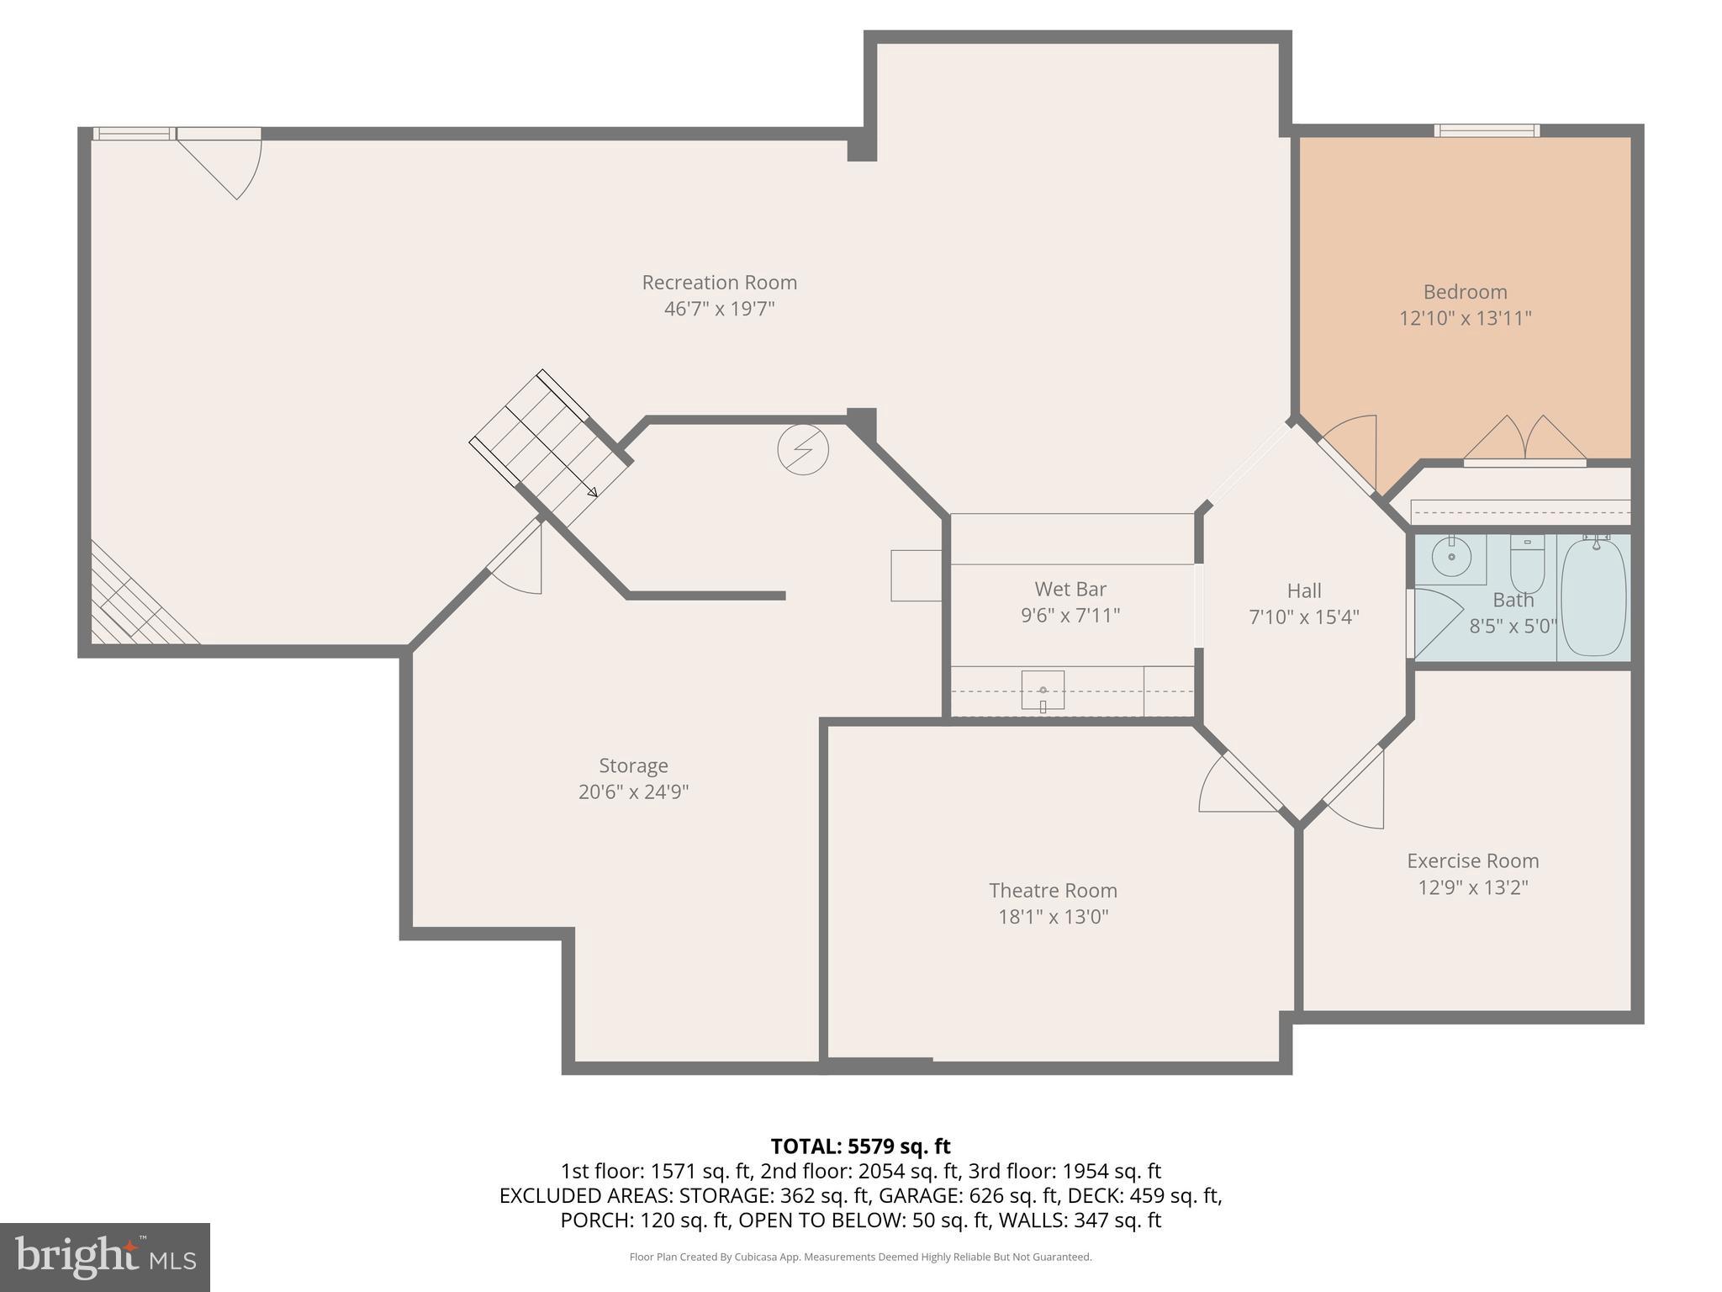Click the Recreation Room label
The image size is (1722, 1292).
719,283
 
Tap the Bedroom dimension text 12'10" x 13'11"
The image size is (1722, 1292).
1465,319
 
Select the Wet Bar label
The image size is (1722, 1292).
1070,589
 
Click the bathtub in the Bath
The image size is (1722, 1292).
1593,597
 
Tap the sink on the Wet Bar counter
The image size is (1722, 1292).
1043,691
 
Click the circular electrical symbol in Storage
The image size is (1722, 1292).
803,450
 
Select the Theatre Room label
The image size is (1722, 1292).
1053,890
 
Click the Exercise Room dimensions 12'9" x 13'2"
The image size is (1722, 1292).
1472,887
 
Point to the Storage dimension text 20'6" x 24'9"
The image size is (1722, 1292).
633,792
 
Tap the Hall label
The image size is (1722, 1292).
1303,590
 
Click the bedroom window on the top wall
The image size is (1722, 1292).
1487,130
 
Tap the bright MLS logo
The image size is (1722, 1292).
104,1257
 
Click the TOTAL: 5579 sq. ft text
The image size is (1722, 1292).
860,1146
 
